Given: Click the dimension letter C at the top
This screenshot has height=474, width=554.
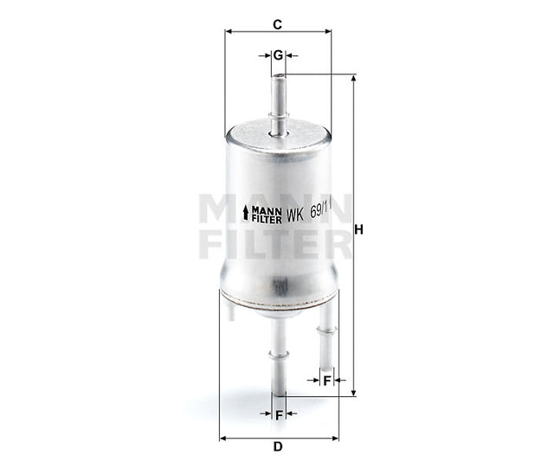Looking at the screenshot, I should click(277, 24).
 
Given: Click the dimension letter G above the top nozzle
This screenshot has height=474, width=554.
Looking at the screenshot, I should click(278, 55).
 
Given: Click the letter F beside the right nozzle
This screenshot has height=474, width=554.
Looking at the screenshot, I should click(327, 380).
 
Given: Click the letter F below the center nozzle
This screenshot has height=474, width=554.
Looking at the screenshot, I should click(279, 413).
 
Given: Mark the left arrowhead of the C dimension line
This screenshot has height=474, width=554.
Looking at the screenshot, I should click(228, 32).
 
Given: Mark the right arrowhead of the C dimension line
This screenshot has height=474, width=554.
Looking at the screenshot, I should click(328, 32).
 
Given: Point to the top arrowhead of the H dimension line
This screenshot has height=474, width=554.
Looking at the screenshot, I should click(353, 78).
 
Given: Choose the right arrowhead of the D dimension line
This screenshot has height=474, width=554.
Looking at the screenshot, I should click(334, 437).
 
